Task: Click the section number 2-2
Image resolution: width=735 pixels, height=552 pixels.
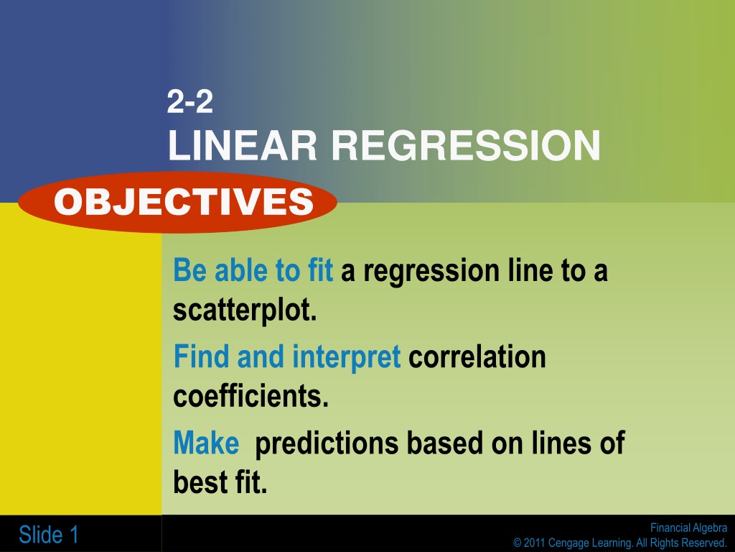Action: (x=189, y=101)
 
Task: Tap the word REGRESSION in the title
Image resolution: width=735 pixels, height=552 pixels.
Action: (x=466, y=145)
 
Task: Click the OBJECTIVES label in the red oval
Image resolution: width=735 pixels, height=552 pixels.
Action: (x=184, y=202)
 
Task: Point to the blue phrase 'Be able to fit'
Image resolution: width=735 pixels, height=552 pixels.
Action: (x=253, y=270)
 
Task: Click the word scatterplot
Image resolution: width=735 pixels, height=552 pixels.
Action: (x=245, y=310)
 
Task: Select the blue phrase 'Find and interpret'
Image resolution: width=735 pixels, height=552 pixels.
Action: (x=287, y=356)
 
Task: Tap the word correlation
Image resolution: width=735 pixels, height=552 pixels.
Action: (x=477, y=356)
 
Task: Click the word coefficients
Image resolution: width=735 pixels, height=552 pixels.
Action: (x=251, y=396)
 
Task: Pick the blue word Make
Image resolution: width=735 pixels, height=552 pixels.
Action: (x=206, y=443)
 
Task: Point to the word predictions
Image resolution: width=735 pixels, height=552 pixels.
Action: (x=327, y=443)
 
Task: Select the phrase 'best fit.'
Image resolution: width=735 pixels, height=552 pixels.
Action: (x=220, y=482)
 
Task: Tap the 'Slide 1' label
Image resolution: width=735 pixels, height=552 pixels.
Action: (x=48, y=535)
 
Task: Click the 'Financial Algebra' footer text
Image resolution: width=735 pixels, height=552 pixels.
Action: (x=688, y=528)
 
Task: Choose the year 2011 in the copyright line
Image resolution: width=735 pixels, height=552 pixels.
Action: (x=534, y=543)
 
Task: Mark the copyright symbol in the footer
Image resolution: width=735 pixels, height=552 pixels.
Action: (x=517, y=543)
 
